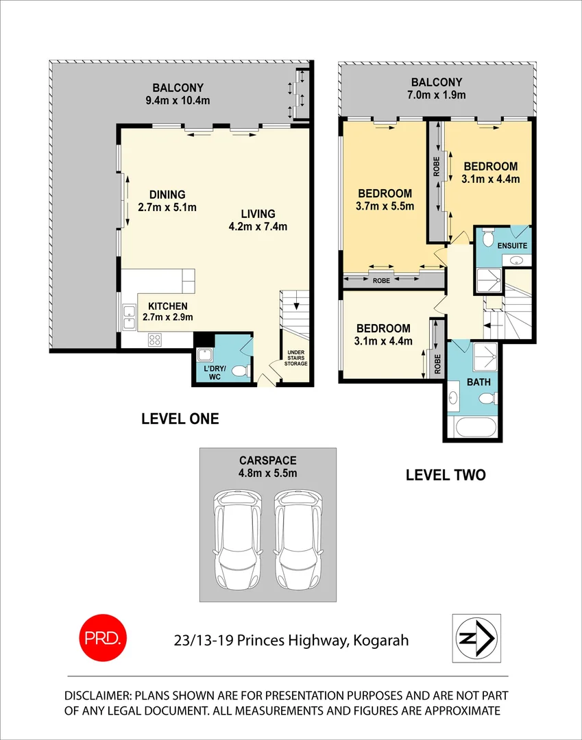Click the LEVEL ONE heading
180,419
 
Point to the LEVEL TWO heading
446,474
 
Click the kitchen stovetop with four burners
155,338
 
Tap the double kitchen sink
128,316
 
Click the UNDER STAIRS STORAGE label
296,358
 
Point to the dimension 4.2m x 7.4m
258,227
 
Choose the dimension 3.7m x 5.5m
384,206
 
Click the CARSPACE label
267,460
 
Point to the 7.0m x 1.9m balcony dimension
437,95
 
